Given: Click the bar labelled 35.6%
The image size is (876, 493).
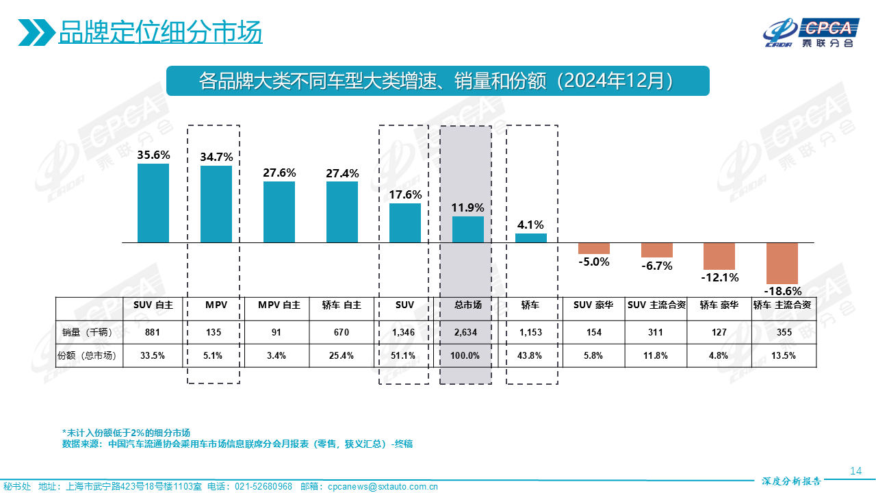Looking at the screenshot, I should (153, 203).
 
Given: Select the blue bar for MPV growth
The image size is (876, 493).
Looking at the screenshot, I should (216, 204).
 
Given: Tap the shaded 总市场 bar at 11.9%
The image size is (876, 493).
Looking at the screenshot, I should (468, 229).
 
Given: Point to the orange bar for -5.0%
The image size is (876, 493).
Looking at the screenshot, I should (593, 248).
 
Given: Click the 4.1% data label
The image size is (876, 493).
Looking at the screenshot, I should (530, 225).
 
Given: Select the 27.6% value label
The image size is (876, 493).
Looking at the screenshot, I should (279, 173).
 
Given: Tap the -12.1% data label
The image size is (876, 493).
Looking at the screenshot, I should (719, 277).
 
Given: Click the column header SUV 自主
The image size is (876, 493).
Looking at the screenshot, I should (153, 305).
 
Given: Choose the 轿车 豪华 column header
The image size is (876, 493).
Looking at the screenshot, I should (719, 305).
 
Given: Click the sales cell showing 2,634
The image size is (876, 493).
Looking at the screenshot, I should (465, 333).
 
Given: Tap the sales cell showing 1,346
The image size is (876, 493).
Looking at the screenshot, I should (405, 333).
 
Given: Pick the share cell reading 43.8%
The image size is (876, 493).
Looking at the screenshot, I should (530, 355).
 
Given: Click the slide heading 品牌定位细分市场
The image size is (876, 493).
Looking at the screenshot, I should (160, 32).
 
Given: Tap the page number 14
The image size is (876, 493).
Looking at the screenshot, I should (855, 470).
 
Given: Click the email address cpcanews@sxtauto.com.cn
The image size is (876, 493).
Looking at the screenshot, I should (383, 487).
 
